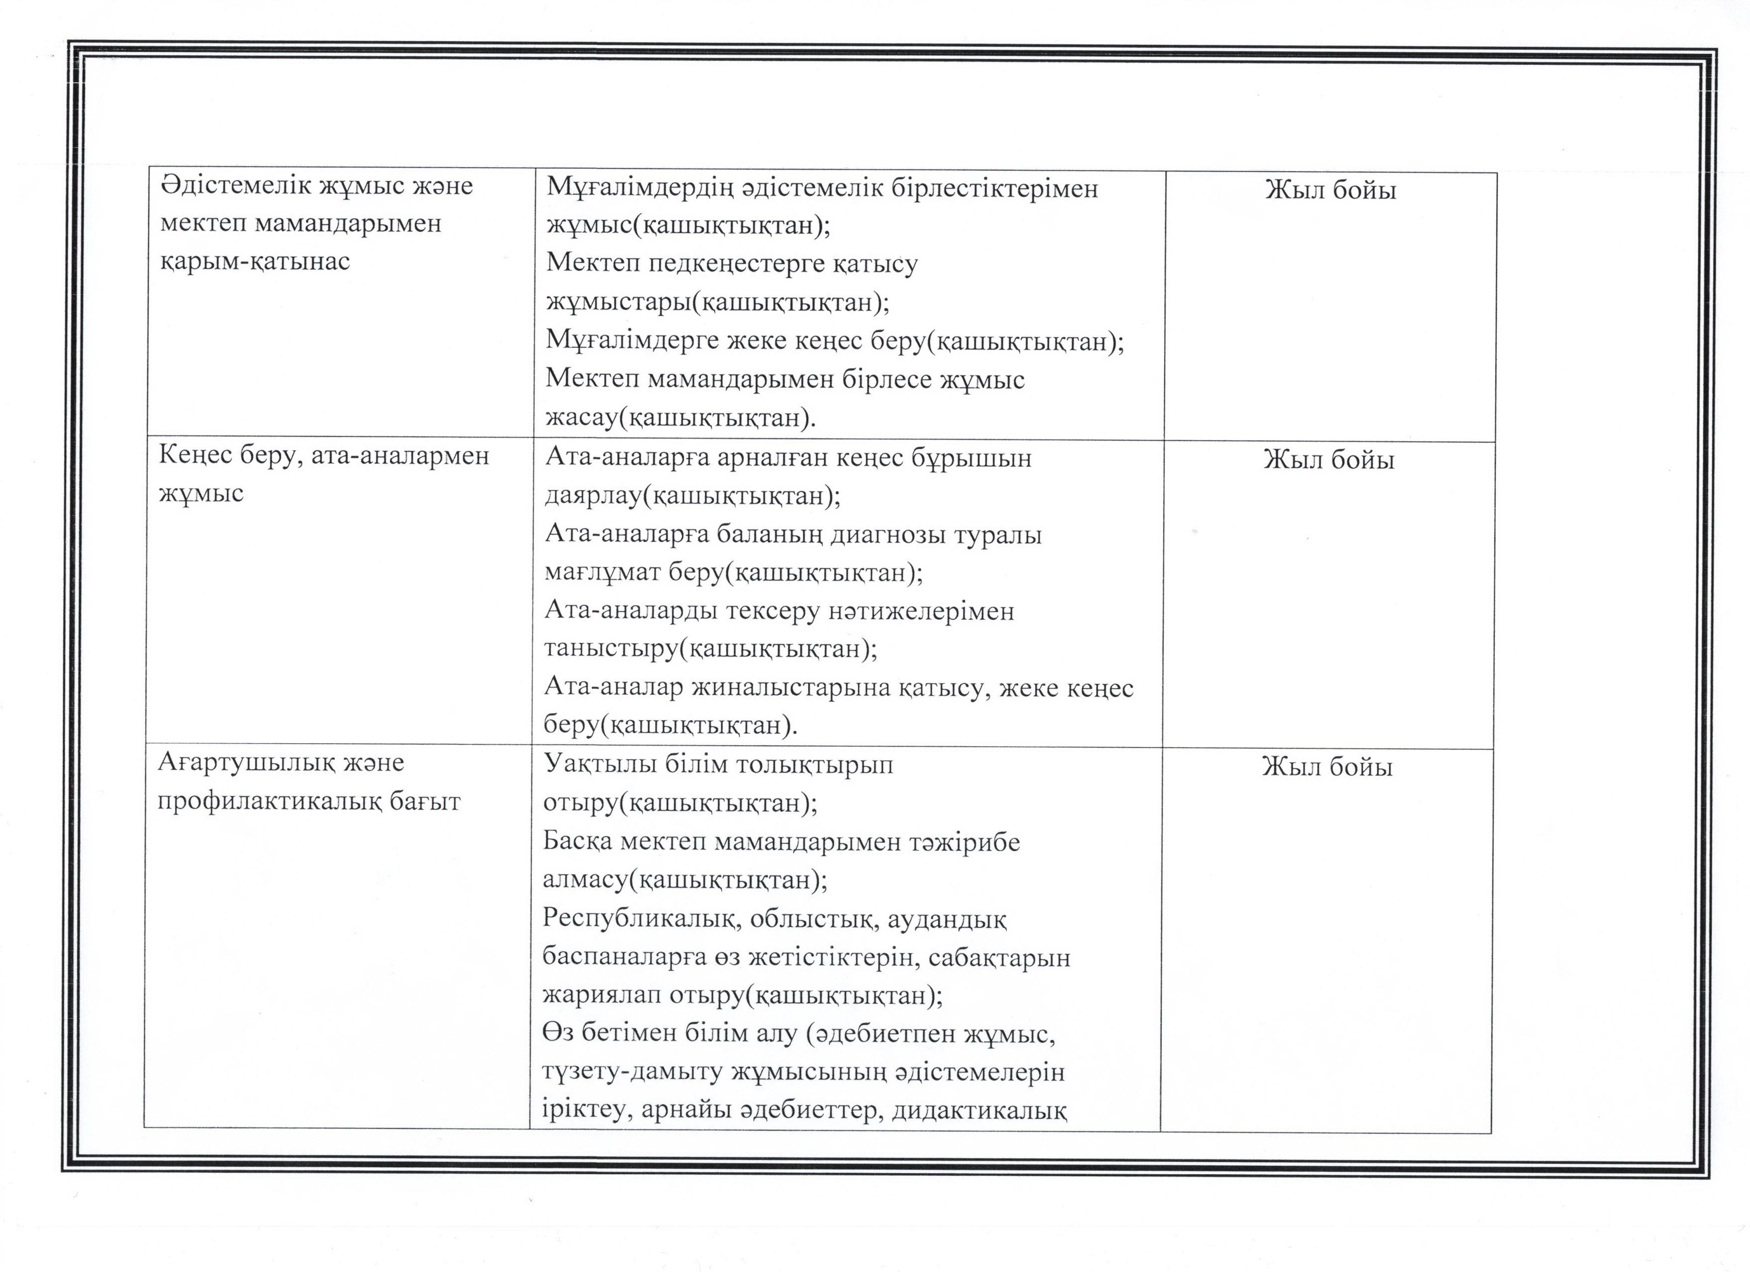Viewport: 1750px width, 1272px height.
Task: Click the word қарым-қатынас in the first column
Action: coord(255,261)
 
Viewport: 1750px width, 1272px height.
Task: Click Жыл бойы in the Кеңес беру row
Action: coord(1329,460)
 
